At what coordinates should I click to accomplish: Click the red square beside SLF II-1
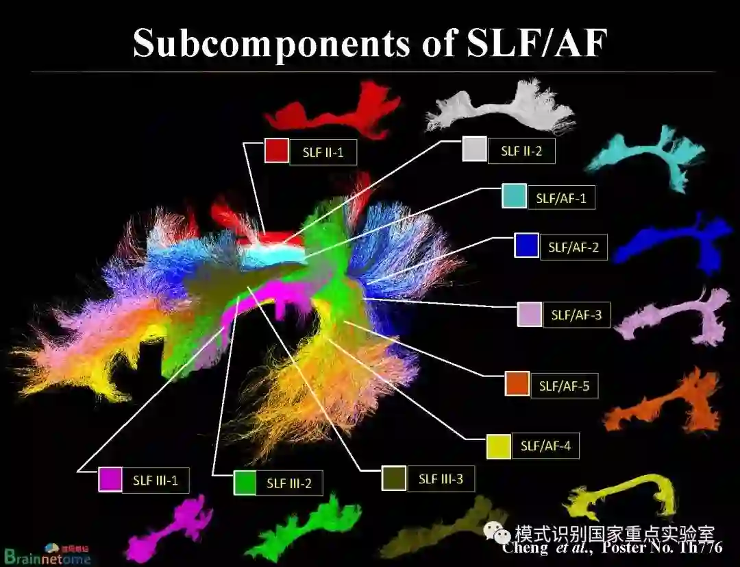(x=276, y=151)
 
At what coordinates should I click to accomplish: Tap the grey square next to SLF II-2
(x=474, y=149)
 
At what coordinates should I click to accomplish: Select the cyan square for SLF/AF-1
(x=514, y=196)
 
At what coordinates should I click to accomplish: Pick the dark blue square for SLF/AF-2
(x=526, y=246)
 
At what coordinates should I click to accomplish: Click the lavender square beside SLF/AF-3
(x=530, y=314)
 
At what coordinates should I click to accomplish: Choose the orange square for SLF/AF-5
(x=517, y=384)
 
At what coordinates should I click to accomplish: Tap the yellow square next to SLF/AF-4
(x=498, y=446)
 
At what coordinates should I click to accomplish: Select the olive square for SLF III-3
(x=394, y=478)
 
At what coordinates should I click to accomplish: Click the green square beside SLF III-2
(x=245, y=482)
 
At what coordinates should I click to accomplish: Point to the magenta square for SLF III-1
(x=110, y=479)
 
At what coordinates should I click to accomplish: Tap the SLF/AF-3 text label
(x=576, y=316)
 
